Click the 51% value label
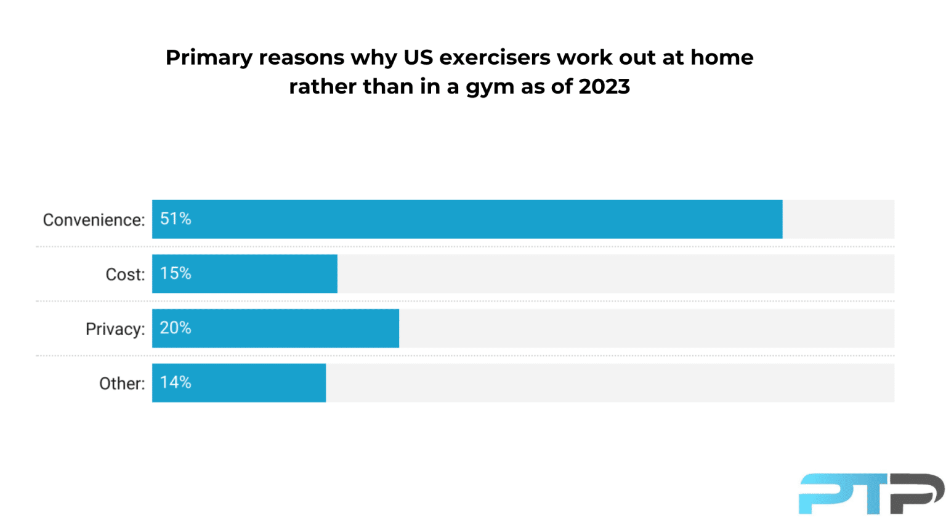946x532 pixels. pyautogui.click(x=176, y=219)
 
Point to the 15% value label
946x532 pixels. pyautogui.click(x=176, y=273)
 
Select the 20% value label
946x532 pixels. pyautogui.click(x=176, y=328)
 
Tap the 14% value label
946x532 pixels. pyautogui.click(x=176, y=382)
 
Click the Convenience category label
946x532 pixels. pyautogui.click(x=94, y=220)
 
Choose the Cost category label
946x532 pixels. pyautogui.click(x=125, y=275)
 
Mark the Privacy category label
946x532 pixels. pyautogui.click(x=115, y=329)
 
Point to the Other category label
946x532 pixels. pyautogui.click(x=122, y=384)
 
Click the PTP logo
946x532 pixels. pyautogui.click(x=871, y=493)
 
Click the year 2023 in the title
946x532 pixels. pyautogui.click(x=604, y=86)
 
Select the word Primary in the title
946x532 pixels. pyautogui.click(x=209, y=58)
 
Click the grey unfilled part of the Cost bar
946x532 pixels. pyautogui.click(x=615, y=274)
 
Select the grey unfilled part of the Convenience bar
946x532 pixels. pyautogui.click(x=838, y=219)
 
